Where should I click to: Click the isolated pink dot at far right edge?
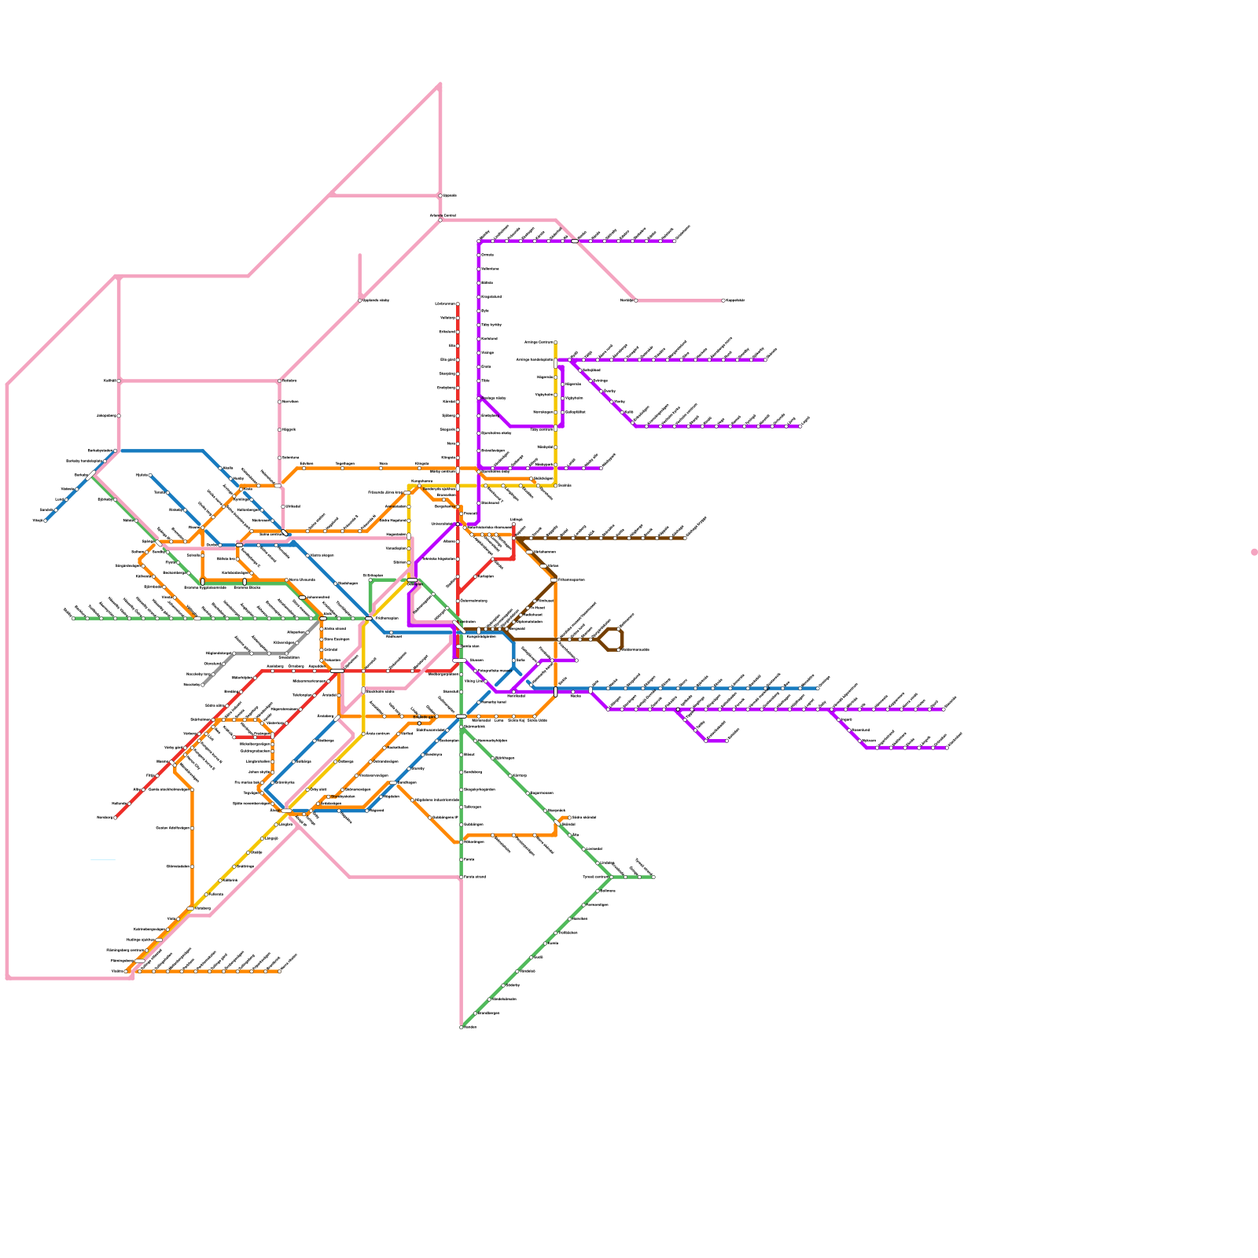pyautogui.click(x=1254, y=552)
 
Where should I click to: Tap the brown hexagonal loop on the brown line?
pyautogui.click(x=611, y=639)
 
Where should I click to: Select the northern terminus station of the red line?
pyautogui.click(x=458, y=304)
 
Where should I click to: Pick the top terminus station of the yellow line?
pyautogui.click(x=555, y=343)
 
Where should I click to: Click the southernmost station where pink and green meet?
pyautogui.click(x=461, y=1027)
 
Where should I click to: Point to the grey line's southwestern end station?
pyautogui.click(x=203, y=685)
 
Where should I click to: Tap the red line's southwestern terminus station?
pyautogui.click(x=116, y=818)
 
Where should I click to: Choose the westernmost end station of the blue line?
pyautogui.click(x=45, y=520)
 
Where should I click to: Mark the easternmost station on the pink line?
pyautogui.click(x=723, y=300)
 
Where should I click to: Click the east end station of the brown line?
pyautogui.click(x=685, y=538)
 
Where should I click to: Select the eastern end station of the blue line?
pyautogui.click(x=817, y=688)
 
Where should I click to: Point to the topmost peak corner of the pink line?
pyautogui.click(x=440, y=83)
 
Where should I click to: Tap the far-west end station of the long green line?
pyautogui.click(x=73, y=618)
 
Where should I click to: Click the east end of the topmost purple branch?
pyautogui.click(x=675, y=241)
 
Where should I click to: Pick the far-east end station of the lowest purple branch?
pyautogui.click(x=947, y=748)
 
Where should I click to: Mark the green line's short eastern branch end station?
pyautogui.click(x=653, y=877)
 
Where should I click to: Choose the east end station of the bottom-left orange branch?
pyautogui.click(x=280, y=971)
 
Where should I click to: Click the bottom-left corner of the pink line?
pyautogui.click(x=8, y=978)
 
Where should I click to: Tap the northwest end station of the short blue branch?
pyautogui.click(x=150, y=476)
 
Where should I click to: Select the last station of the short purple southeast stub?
pyautogui.click(x=726, y=741)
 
